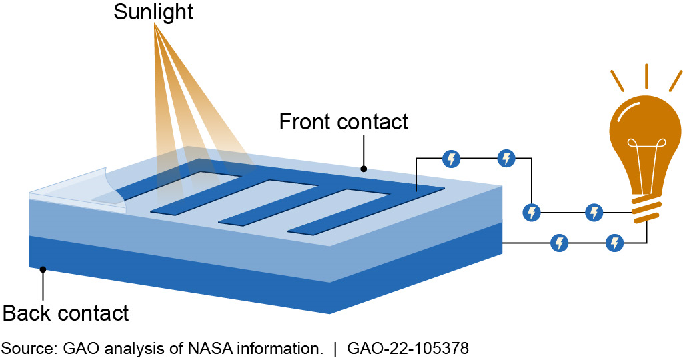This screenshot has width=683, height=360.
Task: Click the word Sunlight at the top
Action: (153, 13)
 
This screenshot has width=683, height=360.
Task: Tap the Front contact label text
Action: (344, 122)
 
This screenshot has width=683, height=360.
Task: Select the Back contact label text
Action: (66, 313)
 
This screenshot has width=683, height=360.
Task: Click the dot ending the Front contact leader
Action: (364, 169)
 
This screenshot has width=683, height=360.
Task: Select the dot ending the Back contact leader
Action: (43, 270)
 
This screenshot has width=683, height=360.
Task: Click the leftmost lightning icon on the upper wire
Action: (452, 159)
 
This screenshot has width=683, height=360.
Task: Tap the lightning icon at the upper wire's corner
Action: (532, 213)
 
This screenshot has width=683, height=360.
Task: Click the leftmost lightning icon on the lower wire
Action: (560, 243)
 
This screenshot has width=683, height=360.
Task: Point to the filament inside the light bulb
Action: (646, 160)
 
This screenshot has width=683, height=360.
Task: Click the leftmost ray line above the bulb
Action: (617, 81)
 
